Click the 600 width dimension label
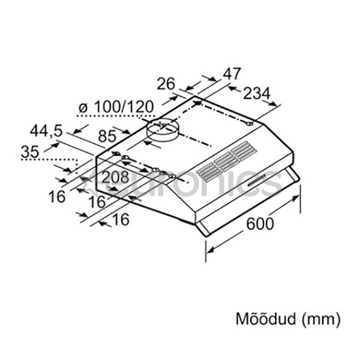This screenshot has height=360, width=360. (260, 224)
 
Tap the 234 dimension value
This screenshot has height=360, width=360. (257, 94)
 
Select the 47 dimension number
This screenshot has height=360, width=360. (232, 74)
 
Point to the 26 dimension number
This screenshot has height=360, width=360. (166, 84)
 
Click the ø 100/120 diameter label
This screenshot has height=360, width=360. (116, 107)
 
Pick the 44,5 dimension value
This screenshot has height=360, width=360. (46, 131)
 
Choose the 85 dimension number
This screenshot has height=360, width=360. (107, 136)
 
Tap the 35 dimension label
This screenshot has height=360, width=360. (30, 152)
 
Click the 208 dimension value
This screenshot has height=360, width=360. (115, 178)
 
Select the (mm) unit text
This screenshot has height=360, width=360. (321, 319)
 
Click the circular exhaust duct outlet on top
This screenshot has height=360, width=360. (163, 130)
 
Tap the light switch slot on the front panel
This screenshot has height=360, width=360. (257, 179)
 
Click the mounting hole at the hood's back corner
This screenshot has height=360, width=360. (198, 103)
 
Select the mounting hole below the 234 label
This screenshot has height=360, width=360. (250, 124)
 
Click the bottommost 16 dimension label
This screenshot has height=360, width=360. (121, 219)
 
